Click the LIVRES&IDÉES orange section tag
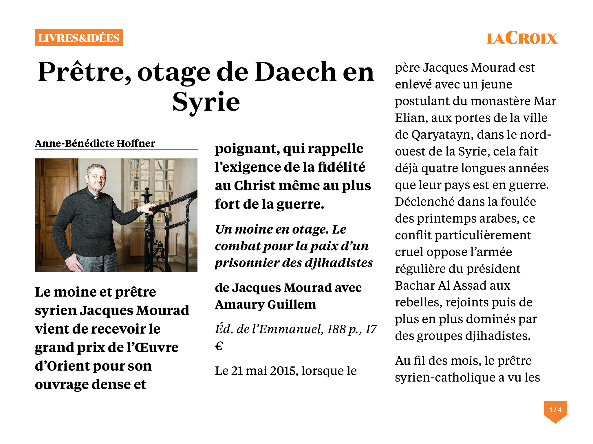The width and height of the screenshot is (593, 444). pyautogui.click(x=79, y=38)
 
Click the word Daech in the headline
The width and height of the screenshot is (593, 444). pyautogui.click(x=296, y=72)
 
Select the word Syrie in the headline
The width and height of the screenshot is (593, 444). pyautogui.click(x=206, y=102)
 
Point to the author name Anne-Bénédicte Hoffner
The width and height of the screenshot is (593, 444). pyautogui.click(x=95, y=143)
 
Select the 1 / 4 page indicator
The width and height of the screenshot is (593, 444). pyautogui.click(x=555, y=410)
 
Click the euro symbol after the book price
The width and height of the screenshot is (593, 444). pyautogui.click(x=219, y=346)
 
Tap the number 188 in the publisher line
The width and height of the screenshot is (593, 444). pyautogui.click(x=336, y=329)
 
